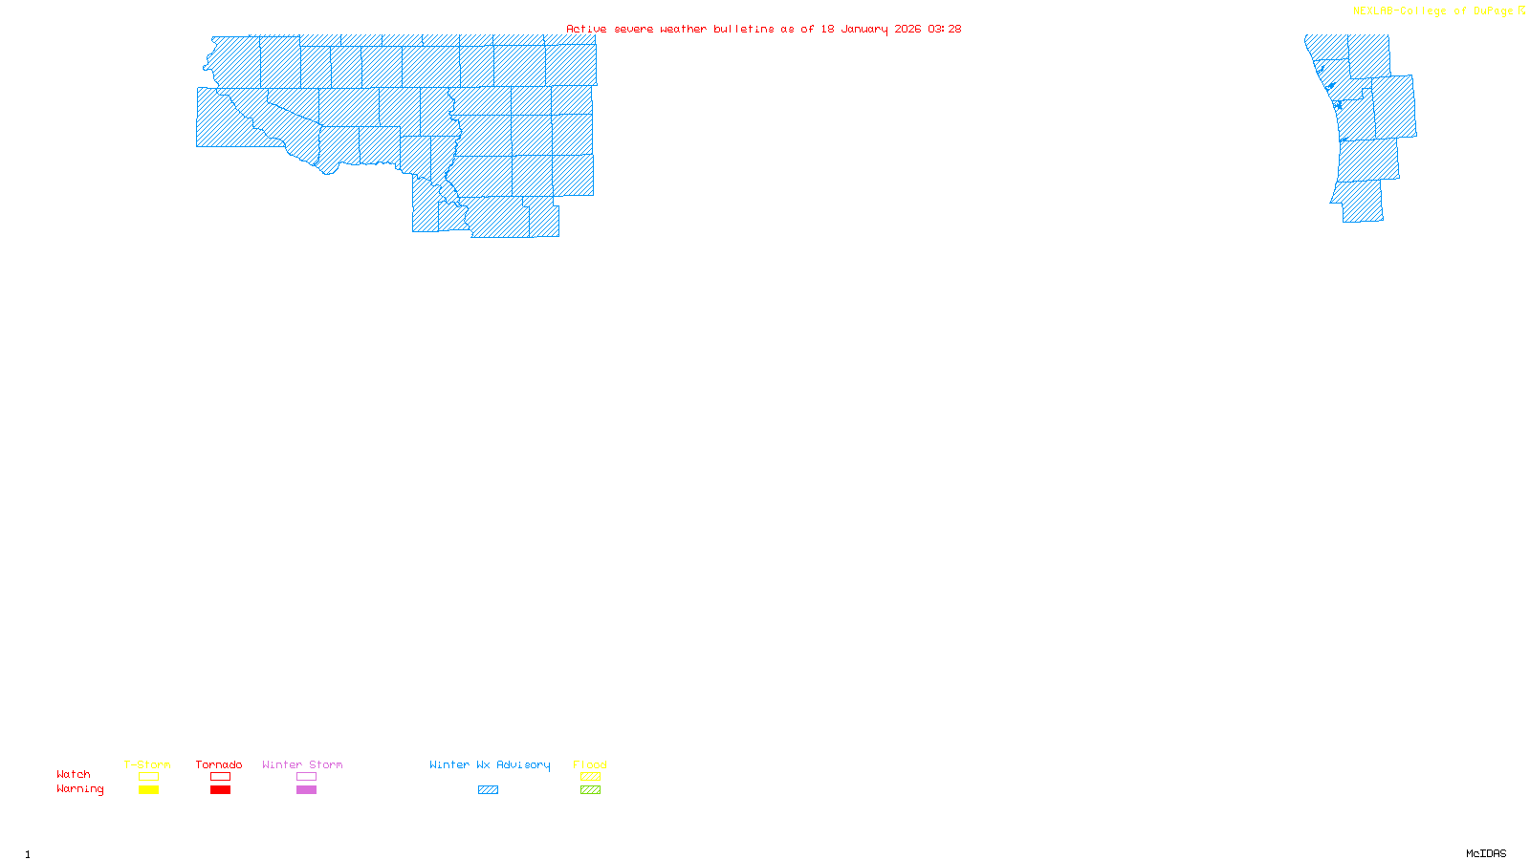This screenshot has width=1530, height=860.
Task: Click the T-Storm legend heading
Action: pos(147,764)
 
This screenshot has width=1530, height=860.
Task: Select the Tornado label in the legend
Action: pos(219,764)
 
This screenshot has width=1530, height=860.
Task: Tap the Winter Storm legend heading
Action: pos(302,764)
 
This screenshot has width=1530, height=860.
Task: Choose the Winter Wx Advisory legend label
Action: pos(490,764)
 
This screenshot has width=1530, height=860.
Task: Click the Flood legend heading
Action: pos(590,764)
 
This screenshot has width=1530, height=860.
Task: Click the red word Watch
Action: pos(74,774)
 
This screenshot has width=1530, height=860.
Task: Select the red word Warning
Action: pos(80,789)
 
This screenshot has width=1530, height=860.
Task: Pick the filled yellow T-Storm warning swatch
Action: pos(148,790)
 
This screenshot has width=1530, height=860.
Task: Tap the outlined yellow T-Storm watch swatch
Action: pos(148,777)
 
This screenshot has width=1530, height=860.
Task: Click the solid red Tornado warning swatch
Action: pos(220,790)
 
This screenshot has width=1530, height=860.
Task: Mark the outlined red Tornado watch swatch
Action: pos(220,777)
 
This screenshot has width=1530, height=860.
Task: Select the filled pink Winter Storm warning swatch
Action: pos(306,790)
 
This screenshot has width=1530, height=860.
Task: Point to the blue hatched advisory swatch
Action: pos(488,790)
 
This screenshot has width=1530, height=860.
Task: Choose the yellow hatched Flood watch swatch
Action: pos(590,777)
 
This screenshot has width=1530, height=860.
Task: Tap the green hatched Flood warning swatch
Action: pos(590,790)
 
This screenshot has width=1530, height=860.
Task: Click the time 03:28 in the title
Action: pos(944,29)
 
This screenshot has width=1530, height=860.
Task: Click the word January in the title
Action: pos(864,29)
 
